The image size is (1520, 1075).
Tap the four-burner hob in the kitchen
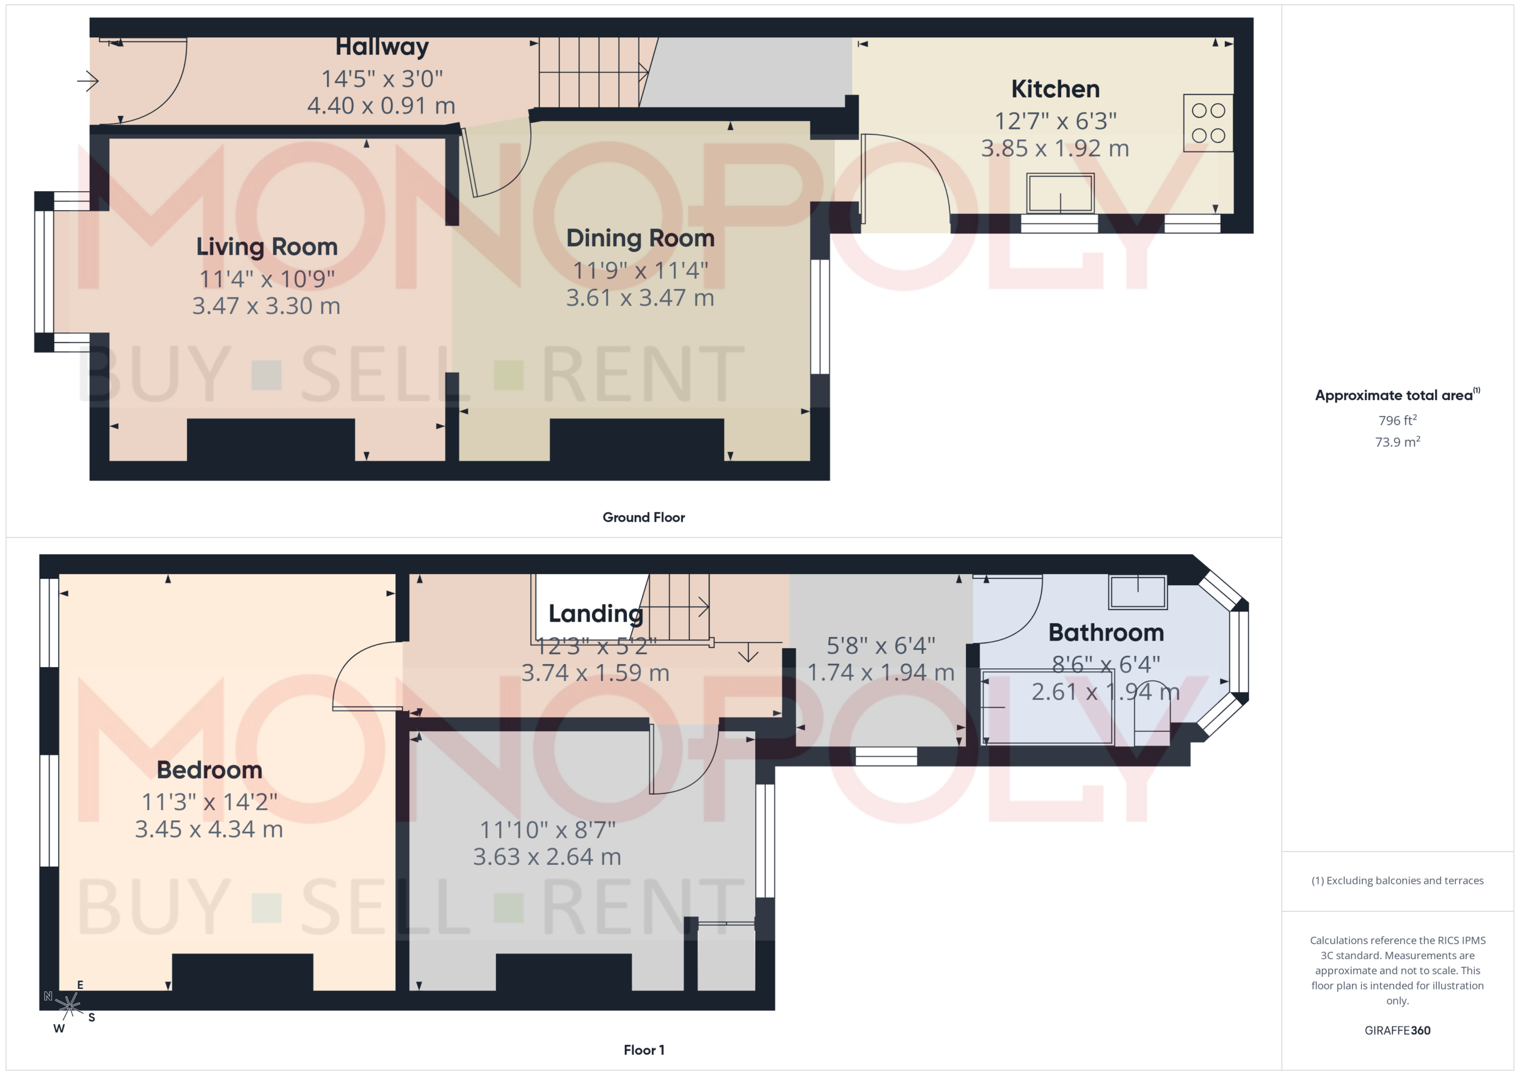coord(1208,123)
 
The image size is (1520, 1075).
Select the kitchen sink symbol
coord(1060,193)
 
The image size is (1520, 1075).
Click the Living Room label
coord(267,247)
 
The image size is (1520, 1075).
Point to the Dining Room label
coord(640,238)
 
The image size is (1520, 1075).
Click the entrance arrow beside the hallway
coord(87,81)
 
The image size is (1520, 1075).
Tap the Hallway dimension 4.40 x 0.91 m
coord(381,106)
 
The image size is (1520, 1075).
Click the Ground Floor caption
coord(644,517)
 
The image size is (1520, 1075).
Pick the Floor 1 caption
coord(644,1050)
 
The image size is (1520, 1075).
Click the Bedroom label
coord(209,770)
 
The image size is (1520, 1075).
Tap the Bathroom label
coord(1106,633)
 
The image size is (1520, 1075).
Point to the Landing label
coord(596,614)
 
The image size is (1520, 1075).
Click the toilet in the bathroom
coord(1152,714)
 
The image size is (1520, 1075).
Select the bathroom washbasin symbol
coord(1138,592)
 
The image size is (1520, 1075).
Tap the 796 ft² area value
coord(1398,420)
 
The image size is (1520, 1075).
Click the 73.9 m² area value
coord(1398,442)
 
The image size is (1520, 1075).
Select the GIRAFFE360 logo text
coord(1398,1030)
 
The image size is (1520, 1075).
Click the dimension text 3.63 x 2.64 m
coord(547,857)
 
